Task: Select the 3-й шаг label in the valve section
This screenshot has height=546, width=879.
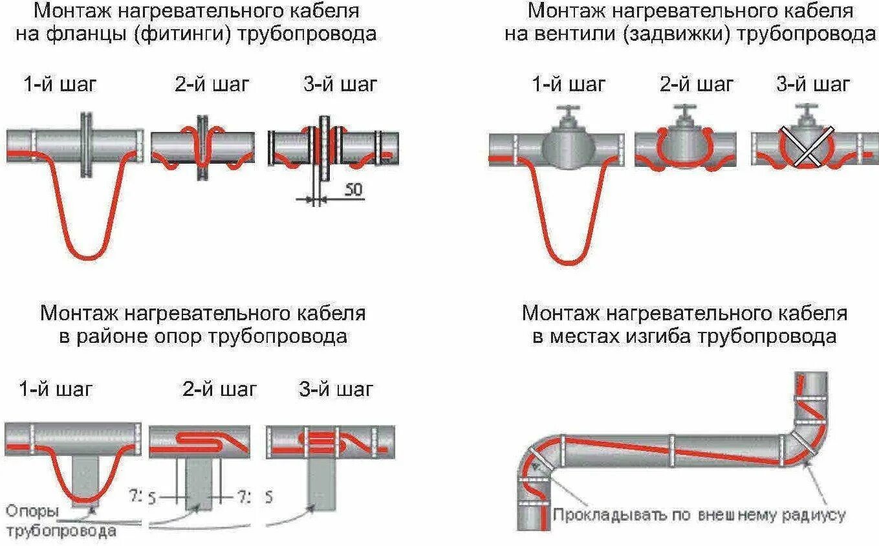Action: tap(813, 84)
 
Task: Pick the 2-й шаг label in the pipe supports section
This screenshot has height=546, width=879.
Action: tap(219, 389)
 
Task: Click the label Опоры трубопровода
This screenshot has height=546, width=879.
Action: tap(61, 521)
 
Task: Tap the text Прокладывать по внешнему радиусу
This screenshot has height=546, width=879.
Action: tap(699, 515)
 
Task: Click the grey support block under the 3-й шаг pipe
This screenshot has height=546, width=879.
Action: tap(321, 483)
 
